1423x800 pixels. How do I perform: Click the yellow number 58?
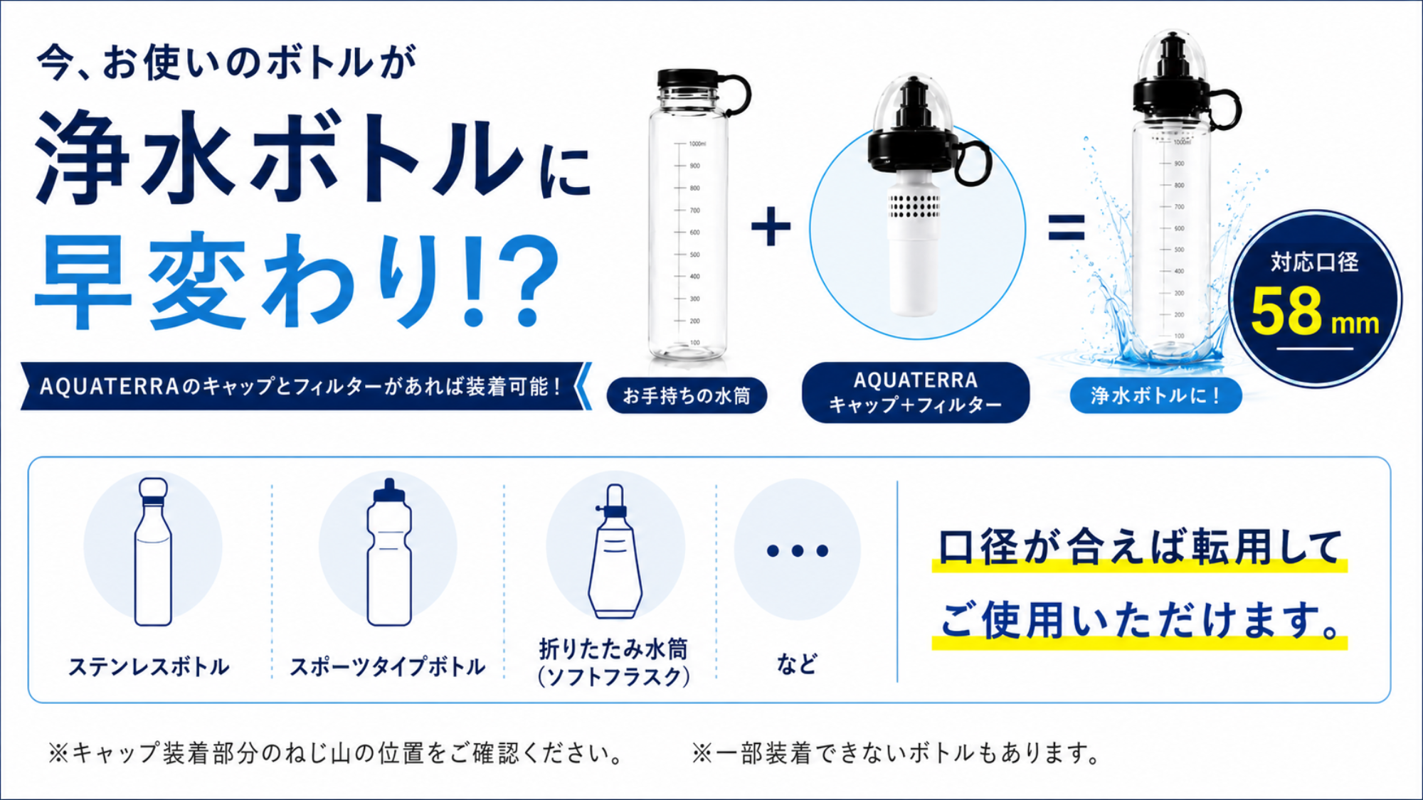[x=1286, y=311]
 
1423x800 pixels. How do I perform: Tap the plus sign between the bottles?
[x=771, y=228]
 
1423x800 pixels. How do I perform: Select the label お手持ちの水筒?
[x=687, y=395]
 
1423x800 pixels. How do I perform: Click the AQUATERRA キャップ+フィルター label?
[x=916, y=393]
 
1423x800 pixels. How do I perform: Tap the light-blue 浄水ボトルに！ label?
[x=1155, y=395]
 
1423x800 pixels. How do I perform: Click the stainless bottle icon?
[x=153, y=552]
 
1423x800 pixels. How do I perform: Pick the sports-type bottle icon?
[x=388, y=552]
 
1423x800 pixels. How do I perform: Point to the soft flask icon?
[x=615, y=551]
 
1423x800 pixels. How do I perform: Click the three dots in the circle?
[x=798, y=550]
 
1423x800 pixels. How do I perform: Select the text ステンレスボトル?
[x=149, y=666]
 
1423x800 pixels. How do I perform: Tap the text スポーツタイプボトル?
[x=388, y=666]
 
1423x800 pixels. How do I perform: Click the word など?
[x=797, y=663]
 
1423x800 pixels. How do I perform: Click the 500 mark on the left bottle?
[x=694, y=255]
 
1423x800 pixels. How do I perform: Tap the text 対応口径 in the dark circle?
[x=1315, y=262]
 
